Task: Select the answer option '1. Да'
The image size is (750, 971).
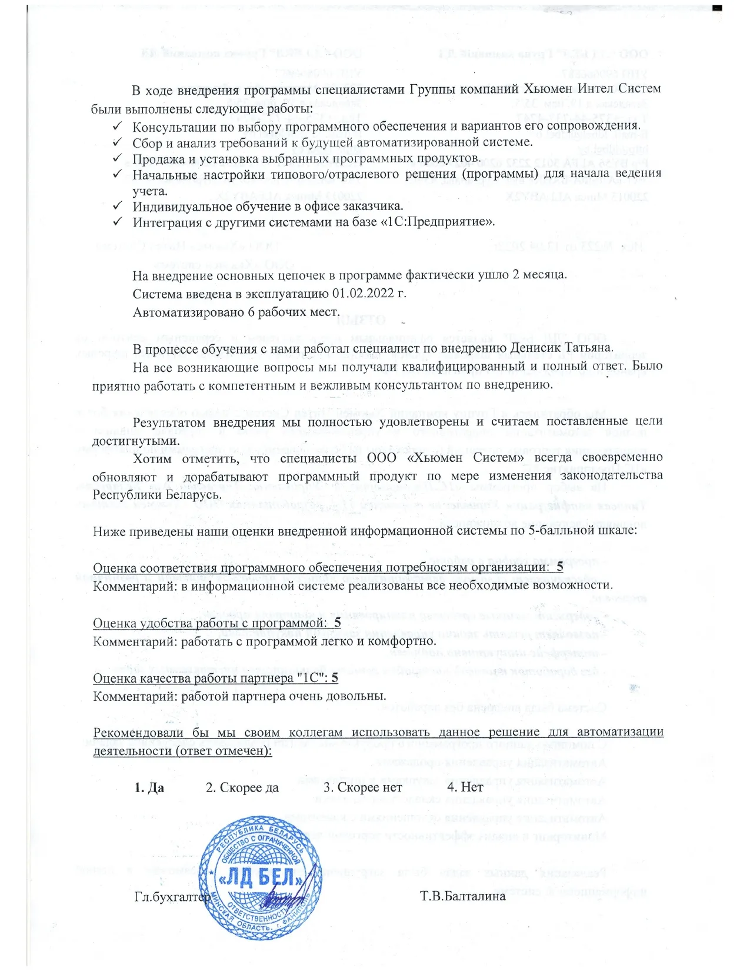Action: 149,787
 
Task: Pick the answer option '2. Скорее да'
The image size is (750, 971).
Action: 242,787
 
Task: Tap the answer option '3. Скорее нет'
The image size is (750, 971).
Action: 363,787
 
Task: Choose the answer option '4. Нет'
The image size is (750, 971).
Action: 465,787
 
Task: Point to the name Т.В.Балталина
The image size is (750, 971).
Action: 463,896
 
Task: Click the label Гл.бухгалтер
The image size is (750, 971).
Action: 172,897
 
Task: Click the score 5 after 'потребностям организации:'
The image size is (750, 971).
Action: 559,567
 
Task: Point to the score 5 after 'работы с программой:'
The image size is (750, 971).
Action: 337,623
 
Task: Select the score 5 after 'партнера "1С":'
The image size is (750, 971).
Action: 334,678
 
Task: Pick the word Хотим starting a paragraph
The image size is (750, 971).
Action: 152,458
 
